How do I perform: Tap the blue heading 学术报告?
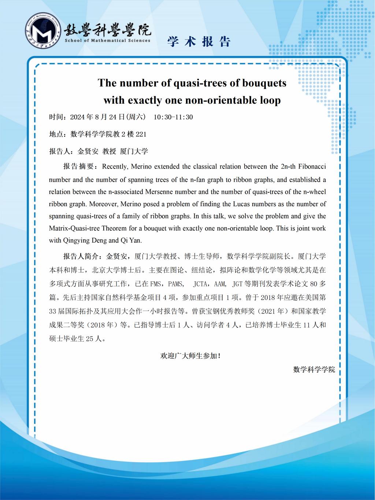coord(199,42)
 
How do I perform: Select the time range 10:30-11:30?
coord(173,117)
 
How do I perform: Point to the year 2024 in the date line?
coord(77,117)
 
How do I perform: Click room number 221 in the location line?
coord(141,134)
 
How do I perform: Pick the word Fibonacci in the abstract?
coord(312,167)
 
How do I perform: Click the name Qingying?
coord(74,241)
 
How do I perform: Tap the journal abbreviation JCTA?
coord(201,284)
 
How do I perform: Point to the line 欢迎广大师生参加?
coord(190,355)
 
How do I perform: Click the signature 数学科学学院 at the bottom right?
coord(314,370)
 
